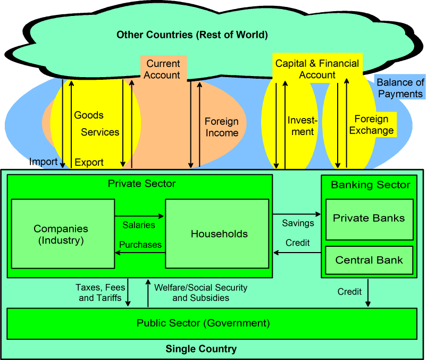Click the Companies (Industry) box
(61, 234)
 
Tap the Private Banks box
(369, 219)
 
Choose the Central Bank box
(369, 261)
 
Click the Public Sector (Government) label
(203, 323)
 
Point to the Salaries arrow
(139, 216)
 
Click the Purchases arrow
(139, 253)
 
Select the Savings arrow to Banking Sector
(297, 214)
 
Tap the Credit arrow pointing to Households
(297, 253)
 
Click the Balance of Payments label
(400, 88)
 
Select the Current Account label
(162, 69)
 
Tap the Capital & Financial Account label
(317, 69)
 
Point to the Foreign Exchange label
(372, 124)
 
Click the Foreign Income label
(222, 127)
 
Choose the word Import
(43, 162)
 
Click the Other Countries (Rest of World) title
(192, 35)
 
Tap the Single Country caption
(201, 349)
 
